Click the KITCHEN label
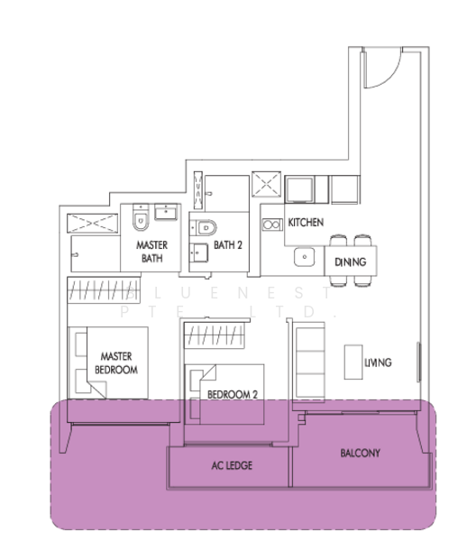click(306, 223)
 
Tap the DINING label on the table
click(350, 262)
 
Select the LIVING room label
click(378, 362)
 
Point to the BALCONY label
click(360, 453)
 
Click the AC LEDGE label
click(232, 465)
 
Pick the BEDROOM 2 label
click(233, 394)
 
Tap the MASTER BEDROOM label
click(116, 363)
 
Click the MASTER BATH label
click(151, 252)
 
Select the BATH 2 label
click(228, 245)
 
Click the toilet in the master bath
click(141, 217)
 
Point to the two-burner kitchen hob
click(272, 225)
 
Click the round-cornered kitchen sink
click(304, 257)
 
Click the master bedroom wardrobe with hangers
click(104, 290)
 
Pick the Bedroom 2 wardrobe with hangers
click(215, 335)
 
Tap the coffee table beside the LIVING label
click(353, 362)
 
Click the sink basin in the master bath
click(166, 212)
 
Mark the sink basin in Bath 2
click(199, 252)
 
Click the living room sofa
click(309, 362)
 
